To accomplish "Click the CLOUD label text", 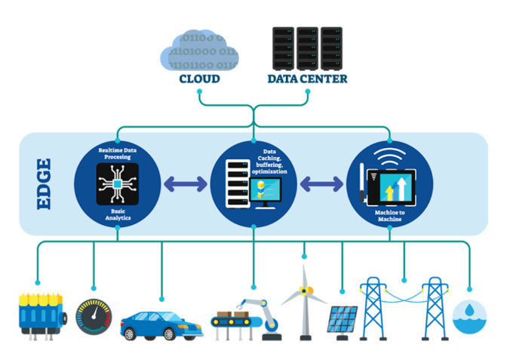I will [x=199, y=78].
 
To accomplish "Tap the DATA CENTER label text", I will [x=307, y=78].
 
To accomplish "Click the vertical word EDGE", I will [x=45, y=183].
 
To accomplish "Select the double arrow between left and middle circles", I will [x=184, y=183].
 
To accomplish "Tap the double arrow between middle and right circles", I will [x=323, y=183].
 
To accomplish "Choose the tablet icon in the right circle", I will [x=394, y=186].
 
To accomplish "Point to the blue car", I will [x=161, y=322].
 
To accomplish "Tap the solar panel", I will [x=343, y=318].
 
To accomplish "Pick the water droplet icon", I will [x=470, y=318].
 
